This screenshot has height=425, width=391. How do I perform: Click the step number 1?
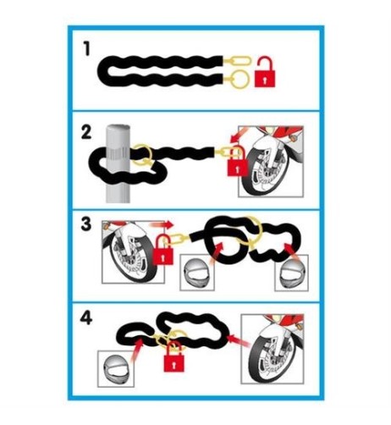click(x=86, y=48)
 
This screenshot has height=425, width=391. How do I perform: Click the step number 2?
click(x=86, y=133)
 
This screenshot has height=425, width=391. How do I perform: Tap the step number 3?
click(x=86, y=224)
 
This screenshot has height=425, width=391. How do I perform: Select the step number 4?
click(x=86, y=318)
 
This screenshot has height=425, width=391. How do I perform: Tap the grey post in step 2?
click(x=118, y=164)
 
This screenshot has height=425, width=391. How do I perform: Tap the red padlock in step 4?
click(x=174, y=356)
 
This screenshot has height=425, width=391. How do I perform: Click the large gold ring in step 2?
click(x=142, y=155)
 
